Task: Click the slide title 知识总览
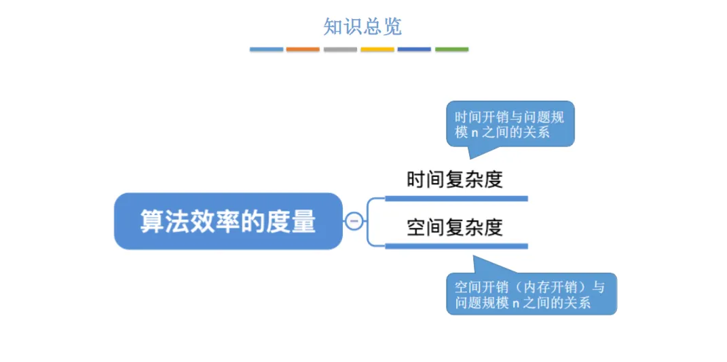[362, 26]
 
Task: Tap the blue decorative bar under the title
[266, 49]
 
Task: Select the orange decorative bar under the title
[303, 49]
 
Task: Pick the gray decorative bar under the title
[340, 49]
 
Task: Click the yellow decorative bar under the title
[377, 49]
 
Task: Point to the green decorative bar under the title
[451, 49]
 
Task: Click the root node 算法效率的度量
[228, 221]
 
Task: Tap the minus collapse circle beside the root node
[354, 221]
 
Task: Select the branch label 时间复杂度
[454, 180]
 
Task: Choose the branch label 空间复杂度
[454, 227]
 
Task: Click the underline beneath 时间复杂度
[456, 198]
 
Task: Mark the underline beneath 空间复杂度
[456, 245]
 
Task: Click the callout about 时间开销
[510, 123]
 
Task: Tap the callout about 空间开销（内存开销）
[531, 294]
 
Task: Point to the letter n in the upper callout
[474, 133]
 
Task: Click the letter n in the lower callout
[516, 303]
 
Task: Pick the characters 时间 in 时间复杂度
[425, 180]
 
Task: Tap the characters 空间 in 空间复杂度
[425, 227]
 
